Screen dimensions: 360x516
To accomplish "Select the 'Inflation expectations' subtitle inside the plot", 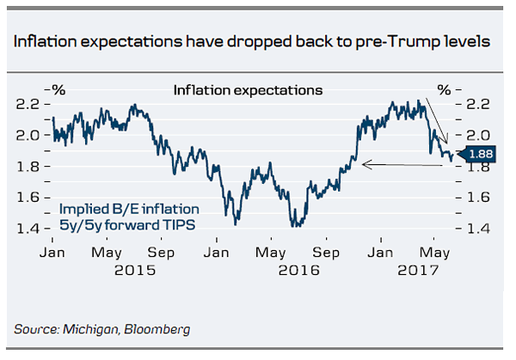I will [x=248, y=89].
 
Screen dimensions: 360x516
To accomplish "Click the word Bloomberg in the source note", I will [x=157, y=329].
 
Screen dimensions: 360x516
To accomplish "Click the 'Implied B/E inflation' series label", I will [x=129, y=209].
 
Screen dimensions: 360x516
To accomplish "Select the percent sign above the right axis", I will [x=444, y=88].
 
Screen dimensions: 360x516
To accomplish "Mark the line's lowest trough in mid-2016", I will [x=295, y=226].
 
